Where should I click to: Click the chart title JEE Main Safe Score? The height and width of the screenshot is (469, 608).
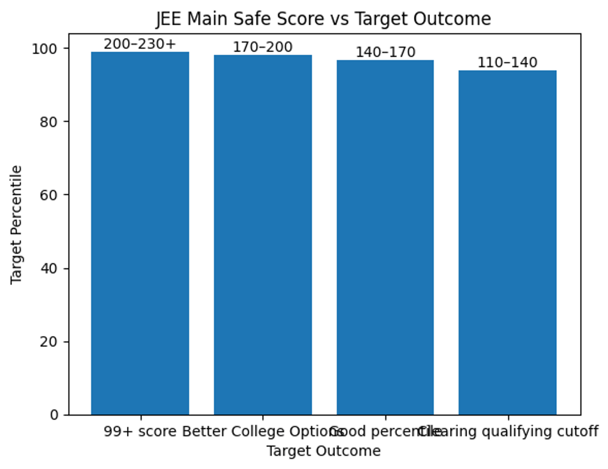323,19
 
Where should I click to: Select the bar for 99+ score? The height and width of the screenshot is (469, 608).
140,233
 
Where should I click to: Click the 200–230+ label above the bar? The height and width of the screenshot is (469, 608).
140,45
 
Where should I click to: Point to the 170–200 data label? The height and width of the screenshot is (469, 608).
262,47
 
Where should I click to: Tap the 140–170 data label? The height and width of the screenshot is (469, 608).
385,52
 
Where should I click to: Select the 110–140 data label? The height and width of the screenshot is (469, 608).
507,63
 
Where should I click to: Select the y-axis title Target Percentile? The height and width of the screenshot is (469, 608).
17,224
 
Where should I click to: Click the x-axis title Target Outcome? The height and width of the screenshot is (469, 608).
323,451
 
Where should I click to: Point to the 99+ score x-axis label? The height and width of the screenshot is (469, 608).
140,432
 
